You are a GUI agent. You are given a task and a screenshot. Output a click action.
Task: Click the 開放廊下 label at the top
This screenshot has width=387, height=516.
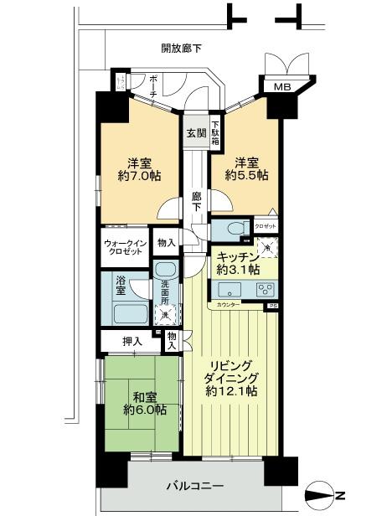click(x=182, y=49)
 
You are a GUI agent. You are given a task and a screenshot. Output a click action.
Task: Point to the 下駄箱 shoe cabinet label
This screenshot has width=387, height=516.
click(x=214, y=133)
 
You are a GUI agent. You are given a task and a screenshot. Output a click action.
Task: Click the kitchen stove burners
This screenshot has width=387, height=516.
click(x=266, y=291)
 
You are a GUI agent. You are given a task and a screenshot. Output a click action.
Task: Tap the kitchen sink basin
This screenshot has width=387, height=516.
click(x=229, y=291)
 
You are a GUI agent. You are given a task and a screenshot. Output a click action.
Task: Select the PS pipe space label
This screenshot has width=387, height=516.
click(x=273, y=307)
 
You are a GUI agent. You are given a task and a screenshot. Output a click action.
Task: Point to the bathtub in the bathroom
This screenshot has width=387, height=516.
click(x=129, y=316)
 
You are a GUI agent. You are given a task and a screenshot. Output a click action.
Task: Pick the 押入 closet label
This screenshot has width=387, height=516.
click(x=132, y=342)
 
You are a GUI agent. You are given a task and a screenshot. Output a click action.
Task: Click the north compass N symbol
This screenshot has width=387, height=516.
click(x=338, y=493)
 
